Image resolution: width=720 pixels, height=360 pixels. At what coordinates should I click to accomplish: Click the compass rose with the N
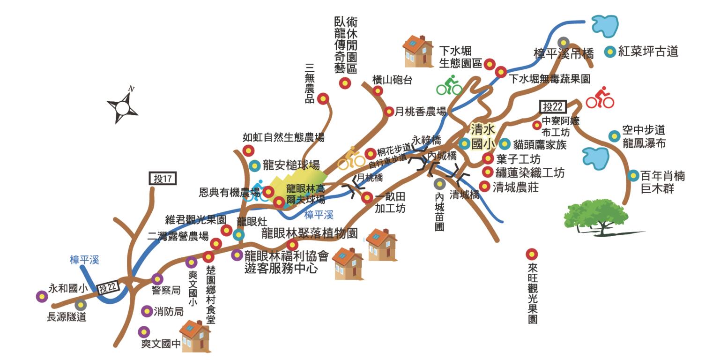tap(123, 107)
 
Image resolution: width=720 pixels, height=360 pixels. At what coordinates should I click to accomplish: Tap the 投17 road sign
tap(163, 178)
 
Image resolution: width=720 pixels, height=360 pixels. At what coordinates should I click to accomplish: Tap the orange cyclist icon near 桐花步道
tap(351, 158)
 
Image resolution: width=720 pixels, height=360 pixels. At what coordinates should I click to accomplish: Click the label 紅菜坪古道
tap(648, 52)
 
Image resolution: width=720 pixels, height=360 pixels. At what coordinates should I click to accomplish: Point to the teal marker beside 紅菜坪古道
tap(610, 52)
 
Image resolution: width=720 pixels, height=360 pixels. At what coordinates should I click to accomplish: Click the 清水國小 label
tap(483, 136)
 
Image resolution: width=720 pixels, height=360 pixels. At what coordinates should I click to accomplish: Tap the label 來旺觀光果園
tap(532, 293)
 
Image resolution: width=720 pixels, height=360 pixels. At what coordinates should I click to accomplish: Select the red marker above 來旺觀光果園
tap(531, 254)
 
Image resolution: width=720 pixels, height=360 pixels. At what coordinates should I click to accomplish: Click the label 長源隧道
tap(67, 317)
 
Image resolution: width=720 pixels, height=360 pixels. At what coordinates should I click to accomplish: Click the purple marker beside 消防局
tap(147, 311)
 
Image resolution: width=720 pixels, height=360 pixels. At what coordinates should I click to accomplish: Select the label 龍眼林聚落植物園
tap(310, 233)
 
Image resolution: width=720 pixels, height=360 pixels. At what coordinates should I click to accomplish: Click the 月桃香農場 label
tap(420, 112)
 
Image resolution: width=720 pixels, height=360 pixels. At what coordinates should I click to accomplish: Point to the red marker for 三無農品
tap(323, 98)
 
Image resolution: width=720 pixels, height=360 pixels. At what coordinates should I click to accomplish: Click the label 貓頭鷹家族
tap(540, 144)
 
